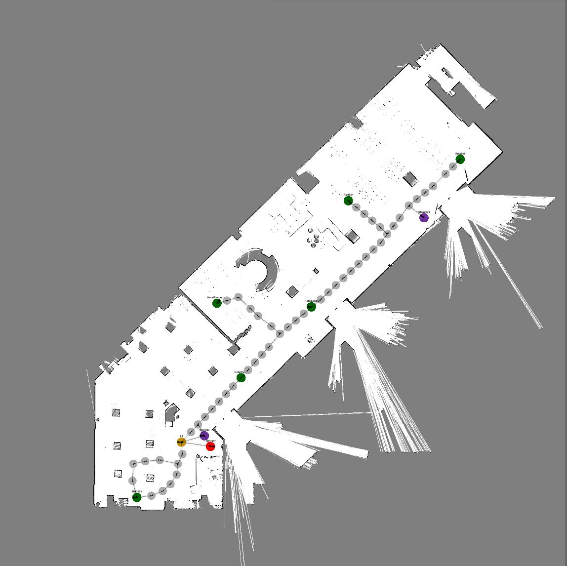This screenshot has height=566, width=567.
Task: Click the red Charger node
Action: click(x=210, y=446)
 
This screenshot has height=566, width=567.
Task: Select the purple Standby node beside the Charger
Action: click(x=204, y=436)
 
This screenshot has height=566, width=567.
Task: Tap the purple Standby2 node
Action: click(x=424, y=217)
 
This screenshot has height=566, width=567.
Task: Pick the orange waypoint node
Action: click(x=181, y=442)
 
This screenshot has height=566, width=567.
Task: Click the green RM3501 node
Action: click(x=137, y=497)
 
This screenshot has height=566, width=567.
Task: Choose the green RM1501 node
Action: click(x=348, y=201)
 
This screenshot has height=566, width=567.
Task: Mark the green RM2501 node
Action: click(x=460, y=159)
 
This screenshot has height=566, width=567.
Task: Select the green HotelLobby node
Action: click(x=311, y=307)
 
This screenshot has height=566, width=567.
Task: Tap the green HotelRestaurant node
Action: click(x=217, y=303)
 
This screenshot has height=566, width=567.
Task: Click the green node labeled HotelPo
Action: click(x=241, y=378)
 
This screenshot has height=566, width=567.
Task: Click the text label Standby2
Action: click(x=424, y=212)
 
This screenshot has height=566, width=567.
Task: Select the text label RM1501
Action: click(x=348, y=195)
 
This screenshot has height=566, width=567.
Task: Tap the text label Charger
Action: click(x=210, y=441)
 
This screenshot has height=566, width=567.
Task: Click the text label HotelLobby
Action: click(x=310, y=301)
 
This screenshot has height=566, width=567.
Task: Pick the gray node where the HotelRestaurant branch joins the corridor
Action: click(x=280, y=334)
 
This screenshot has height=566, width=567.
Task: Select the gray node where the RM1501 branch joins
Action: click(x=387, y=234)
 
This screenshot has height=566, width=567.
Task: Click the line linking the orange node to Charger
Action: click(x=196, y=444)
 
